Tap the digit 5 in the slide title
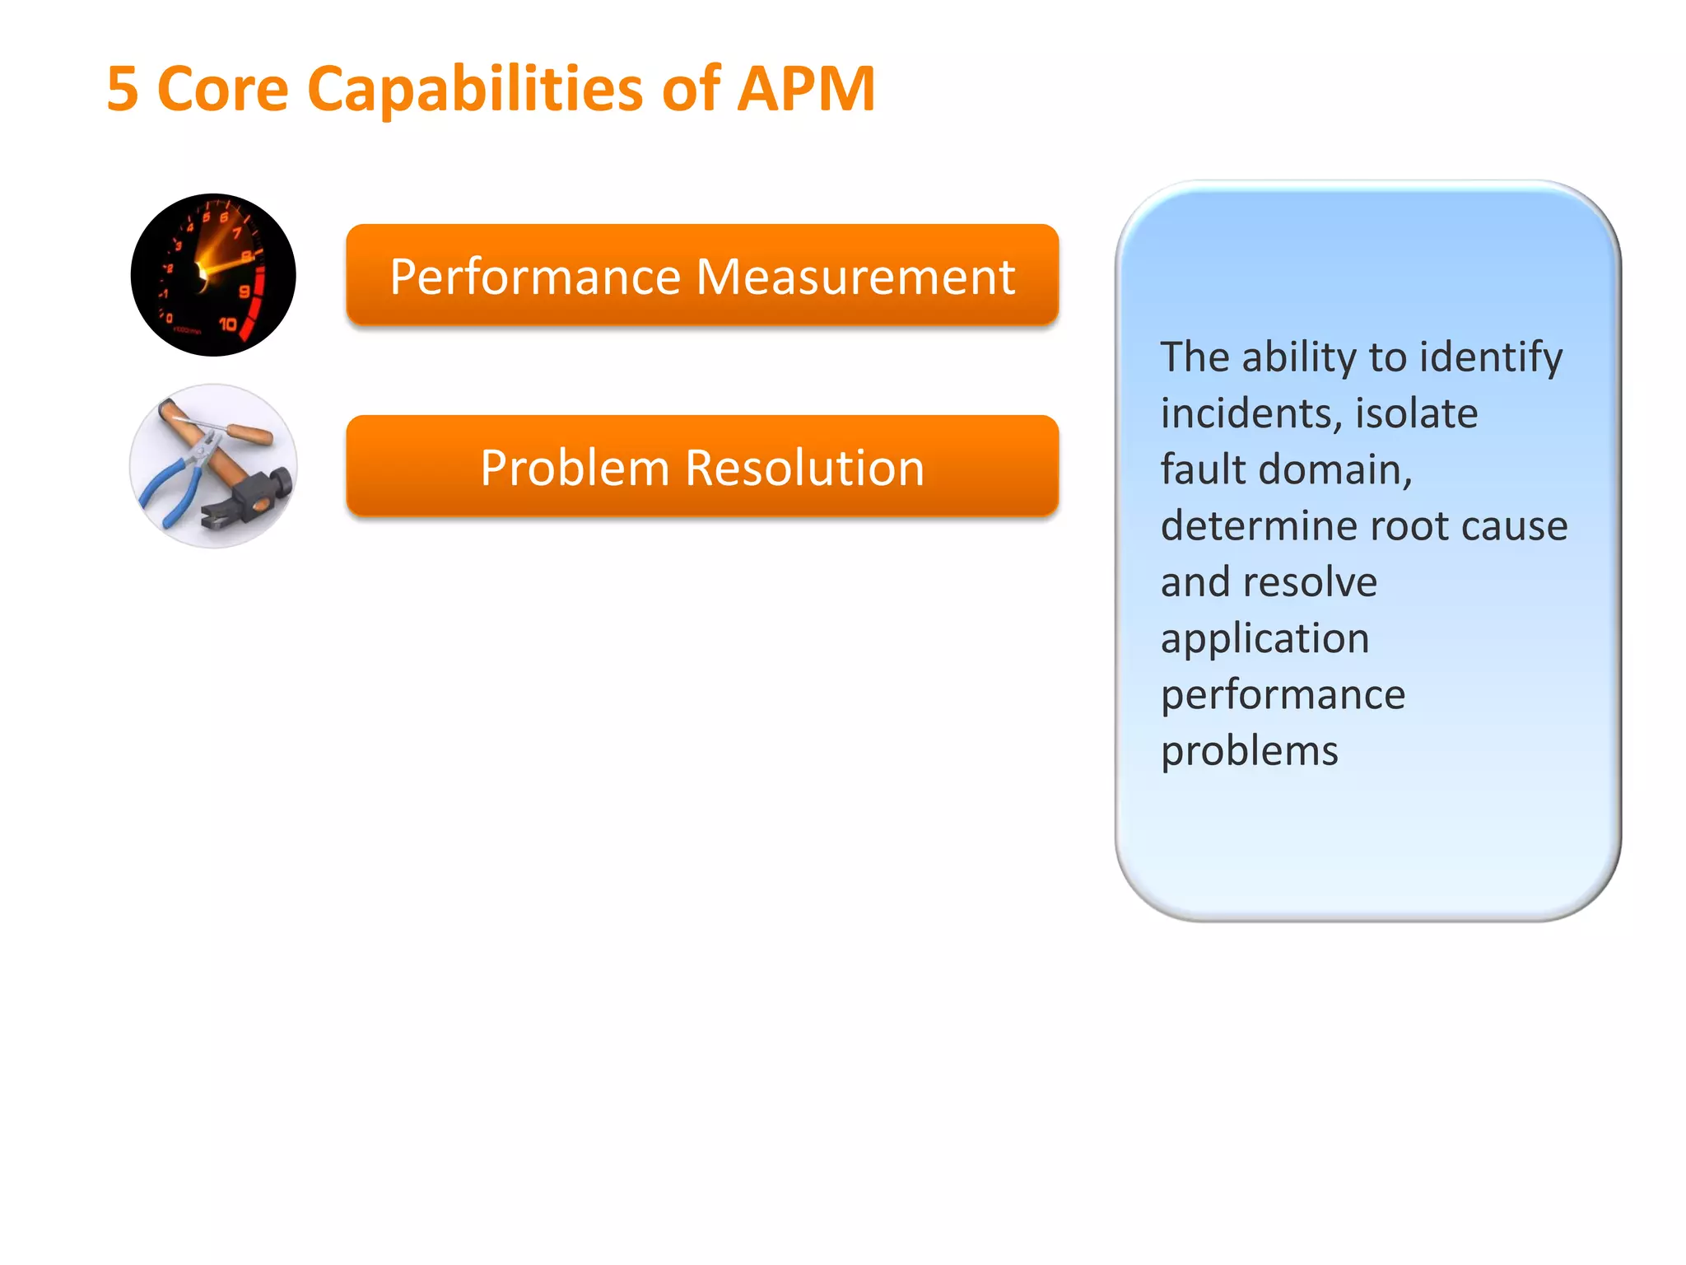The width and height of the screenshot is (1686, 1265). [x=123, y=89]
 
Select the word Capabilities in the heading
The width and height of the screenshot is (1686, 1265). [x=475, y=89]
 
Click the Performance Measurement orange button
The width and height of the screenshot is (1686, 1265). [x=702, y=276]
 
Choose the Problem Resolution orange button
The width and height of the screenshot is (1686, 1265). [x=702, y=467]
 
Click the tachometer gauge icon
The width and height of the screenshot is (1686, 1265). [x=213, y=275]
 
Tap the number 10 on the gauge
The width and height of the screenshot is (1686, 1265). [x=228, y=324]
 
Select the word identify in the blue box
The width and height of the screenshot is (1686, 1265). [x=1491, y=358]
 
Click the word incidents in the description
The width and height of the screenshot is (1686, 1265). [x=1250, y=413]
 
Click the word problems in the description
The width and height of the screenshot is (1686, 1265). [x=1249, y=751]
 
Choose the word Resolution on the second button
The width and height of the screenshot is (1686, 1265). [x=804, y=468]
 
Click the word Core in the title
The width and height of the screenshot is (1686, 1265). [x=222, y=89]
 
